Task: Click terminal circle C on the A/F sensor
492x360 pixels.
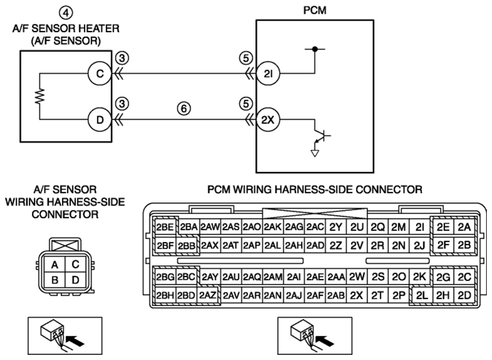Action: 100,74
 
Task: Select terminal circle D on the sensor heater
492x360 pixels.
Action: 100,120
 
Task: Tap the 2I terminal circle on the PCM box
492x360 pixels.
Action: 268,74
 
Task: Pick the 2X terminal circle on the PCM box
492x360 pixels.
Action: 268,120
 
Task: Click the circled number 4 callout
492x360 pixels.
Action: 66,13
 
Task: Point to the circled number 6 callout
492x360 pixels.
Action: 184,109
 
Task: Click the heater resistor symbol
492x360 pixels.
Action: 40,97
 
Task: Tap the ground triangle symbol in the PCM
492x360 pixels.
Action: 315,153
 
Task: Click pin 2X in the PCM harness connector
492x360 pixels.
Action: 356,296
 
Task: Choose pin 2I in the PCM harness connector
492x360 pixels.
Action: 420,227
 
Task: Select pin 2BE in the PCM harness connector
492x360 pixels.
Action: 165,227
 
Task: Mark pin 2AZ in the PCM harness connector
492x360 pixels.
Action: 208,296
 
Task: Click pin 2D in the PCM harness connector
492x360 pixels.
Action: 464,296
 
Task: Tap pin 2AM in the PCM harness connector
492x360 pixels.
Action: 273,277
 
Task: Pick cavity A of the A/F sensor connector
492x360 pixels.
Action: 55,265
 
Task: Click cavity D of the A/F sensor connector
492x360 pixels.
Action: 75,280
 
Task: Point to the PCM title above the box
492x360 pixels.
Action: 315,10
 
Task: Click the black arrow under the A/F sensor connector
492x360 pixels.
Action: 76,341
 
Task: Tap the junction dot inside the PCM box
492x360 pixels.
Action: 315,49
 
